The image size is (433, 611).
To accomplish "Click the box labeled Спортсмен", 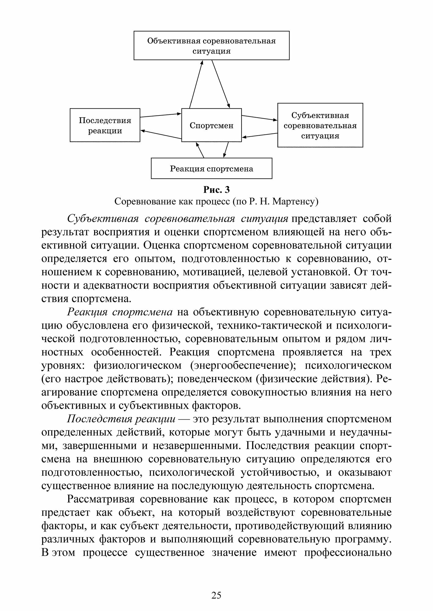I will [211, 125].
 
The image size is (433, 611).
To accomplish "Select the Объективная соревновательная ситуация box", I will [211, 45].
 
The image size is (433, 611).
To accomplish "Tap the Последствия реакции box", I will [105, 125].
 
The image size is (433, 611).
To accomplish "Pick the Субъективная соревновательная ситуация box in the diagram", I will [320, 125].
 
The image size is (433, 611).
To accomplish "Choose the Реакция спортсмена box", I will [211, 168].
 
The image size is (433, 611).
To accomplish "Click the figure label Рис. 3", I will [216, 190].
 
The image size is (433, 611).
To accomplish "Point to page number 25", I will [216, 595].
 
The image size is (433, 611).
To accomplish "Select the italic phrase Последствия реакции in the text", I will [121, 419].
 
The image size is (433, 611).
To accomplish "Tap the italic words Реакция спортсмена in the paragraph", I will [120, 312].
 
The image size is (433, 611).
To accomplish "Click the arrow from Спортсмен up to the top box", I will [196, 84].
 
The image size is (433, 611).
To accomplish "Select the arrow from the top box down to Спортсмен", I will [220, 84].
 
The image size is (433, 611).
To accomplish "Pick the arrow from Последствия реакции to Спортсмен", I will [161, 115].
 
